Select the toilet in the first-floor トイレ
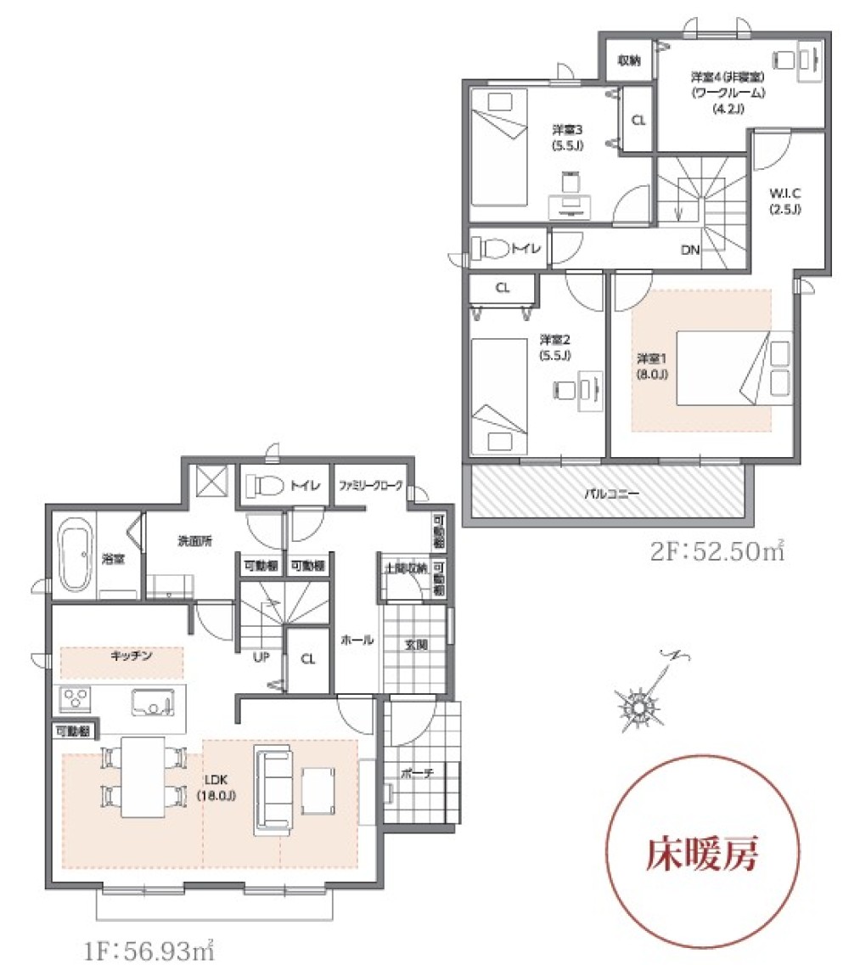click(266, 486)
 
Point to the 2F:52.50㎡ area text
click(717, 552)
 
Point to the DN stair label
click(689, 250)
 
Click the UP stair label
click(261, 657)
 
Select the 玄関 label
click(416, 645)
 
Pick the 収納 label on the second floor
click(628, 59)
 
